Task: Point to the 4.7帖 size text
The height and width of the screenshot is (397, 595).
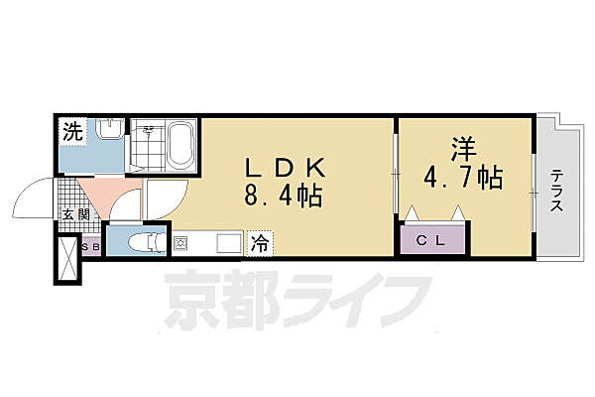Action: [x=464, y=179]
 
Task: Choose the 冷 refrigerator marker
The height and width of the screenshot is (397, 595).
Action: [x=257, y=241]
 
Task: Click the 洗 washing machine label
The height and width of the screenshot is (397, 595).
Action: [x=72, y=130]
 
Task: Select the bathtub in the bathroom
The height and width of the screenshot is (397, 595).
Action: [x=182, y=145]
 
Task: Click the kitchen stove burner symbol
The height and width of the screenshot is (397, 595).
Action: [x=181, y=242]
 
